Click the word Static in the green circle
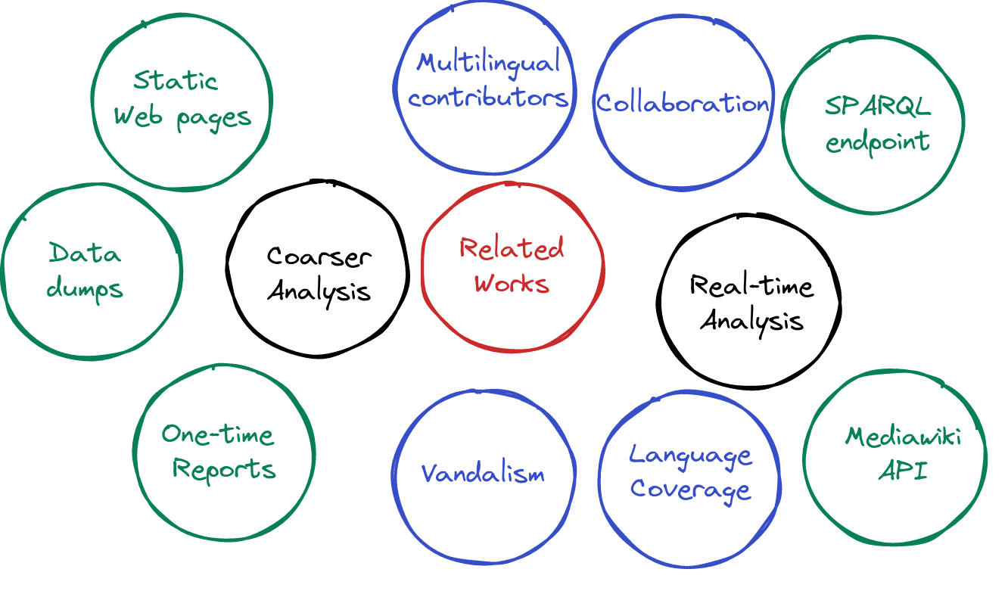[x=176, y=80]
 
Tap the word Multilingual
[x=488, y=62]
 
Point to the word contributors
[x=488, y=98]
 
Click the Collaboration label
[x=683, y=103]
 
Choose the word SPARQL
[x=877, y=107]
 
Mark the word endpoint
[x=877, y=142]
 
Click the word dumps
[x=85, y=288]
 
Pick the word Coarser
[x=319, y=256]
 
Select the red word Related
[x=512, y=248]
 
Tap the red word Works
[x=512, y=284]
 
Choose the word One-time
[x=218, y=434]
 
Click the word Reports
[x=224, y=468]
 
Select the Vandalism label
[x=483, y=474]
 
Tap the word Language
[x=691, y=456]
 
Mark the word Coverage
[x=690, y=490]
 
